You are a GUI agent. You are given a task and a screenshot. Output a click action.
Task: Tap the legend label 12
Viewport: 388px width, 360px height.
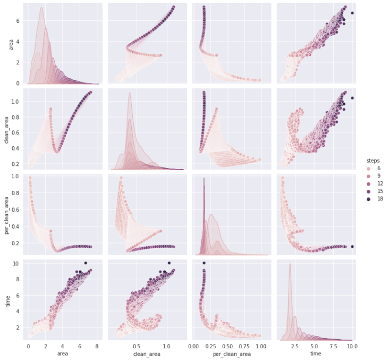tap(375, 183)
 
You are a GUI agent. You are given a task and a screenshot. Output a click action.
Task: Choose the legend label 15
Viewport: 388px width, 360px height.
tap(375, 191)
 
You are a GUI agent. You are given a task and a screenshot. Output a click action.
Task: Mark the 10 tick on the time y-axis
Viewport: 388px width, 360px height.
tap(18, 263)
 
